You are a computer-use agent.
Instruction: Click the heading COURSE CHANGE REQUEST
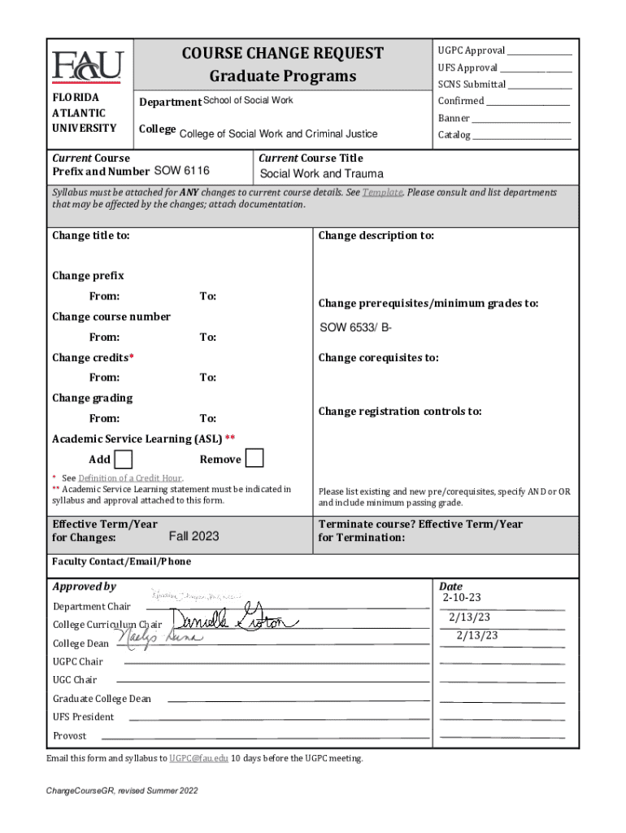(x=282, y=54)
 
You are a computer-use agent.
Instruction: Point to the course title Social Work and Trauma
(x=321, y=174)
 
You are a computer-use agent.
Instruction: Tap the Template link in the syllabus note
(x=382, y=193)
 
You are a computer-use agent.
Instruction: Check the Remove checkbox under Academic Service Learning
(x=254, y=459)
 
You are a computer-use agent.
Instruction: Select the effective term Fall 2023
(x=193, y=536)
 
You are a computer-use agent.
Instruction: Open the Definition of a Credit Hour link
(x=130, y=478)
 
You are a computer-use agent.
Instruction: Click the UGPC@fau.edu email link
(x=198, y=758)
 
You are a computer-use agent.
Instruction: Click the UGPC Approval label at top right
(x=472, y=50)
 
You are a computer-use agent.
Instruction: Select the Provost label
(x=70, y=735)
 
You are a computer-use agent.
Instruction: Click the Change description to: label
(x=376, y=236)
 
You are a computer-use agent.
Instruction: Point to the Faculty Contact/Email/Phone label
(x=122, y=562)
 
